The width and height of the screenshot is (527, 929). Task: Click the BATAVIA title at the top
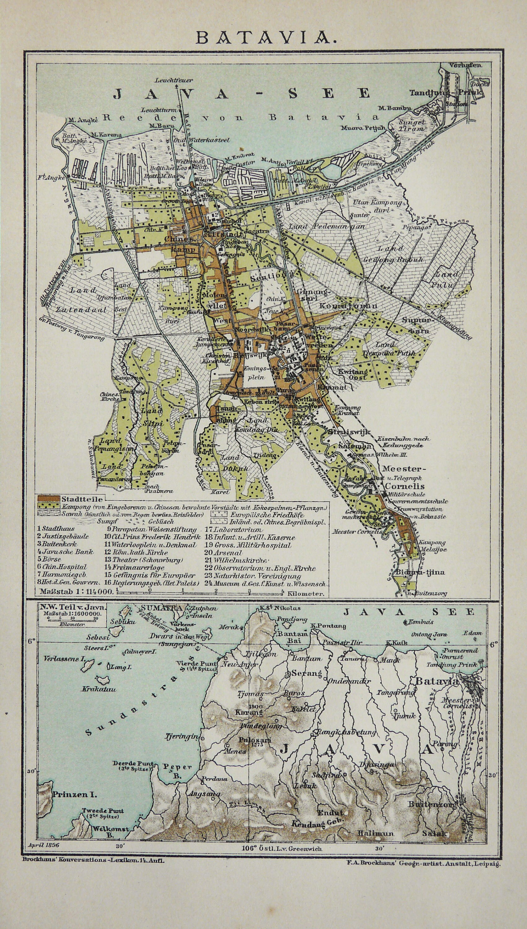click(263, 37)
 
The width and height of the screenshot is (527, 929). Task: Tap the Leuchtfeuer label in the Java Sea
click(174, 80)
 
